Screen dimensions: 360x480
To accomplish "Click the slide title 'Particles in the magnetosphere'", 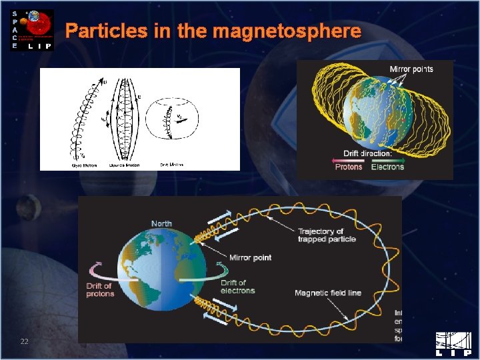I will tap(213, 31).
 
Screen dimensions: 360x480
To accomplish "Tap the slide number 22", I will tap(24, 342).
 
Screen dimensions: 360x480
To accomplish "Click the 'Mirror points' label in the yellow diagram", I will tap(411, 69).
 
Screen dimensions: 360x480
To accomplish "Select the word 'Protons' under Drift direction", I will tap(349, 167).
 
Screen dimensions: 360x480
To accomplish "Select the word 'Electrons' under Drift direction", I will tap(387, 167).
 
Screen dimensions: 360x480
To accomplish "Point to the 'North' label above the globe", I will tap(161, 224).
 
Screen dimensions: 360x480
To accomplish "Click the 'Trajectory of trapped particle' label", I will tap(326, 235).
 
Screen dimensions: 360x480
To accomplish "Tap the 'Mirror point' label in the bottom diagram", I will tap(250, 258).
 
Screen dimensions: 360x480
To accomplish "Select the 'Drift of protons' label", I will tap(100, 289).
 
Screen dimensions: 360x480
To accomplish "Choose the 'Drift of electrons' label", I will tap(237, 287).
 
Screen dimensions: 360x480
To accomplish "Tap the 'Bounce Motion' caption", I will tap(123, 164).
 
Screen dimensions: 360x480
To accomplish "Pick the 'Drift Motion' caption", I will tap(172, 164).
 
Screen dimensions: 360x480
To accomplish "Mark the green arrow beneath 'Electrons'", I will tap(387, 160).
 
